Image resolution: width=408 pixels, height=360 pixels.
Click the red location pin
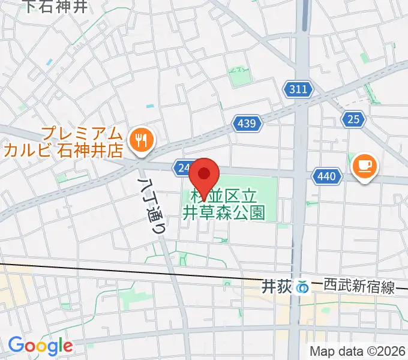click(204, 176)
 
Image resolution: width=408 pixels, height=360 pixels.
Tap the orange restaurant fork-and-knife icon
click(142, 140)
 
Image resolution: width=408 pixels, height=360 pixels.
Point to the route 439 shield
click(248, 124)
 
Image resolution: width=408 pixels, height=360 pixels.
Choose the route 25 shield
click(353, 119)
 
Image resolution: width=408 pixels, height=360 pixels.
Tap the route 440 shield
click(327, 176)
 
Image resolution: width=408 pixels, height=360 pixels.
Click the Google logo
click(40, 346)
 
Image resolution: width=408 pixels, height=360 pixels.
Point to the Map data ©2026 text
click(358, 350)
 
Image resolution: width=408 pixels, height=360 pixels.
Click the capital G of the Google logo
click(16, 345)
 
